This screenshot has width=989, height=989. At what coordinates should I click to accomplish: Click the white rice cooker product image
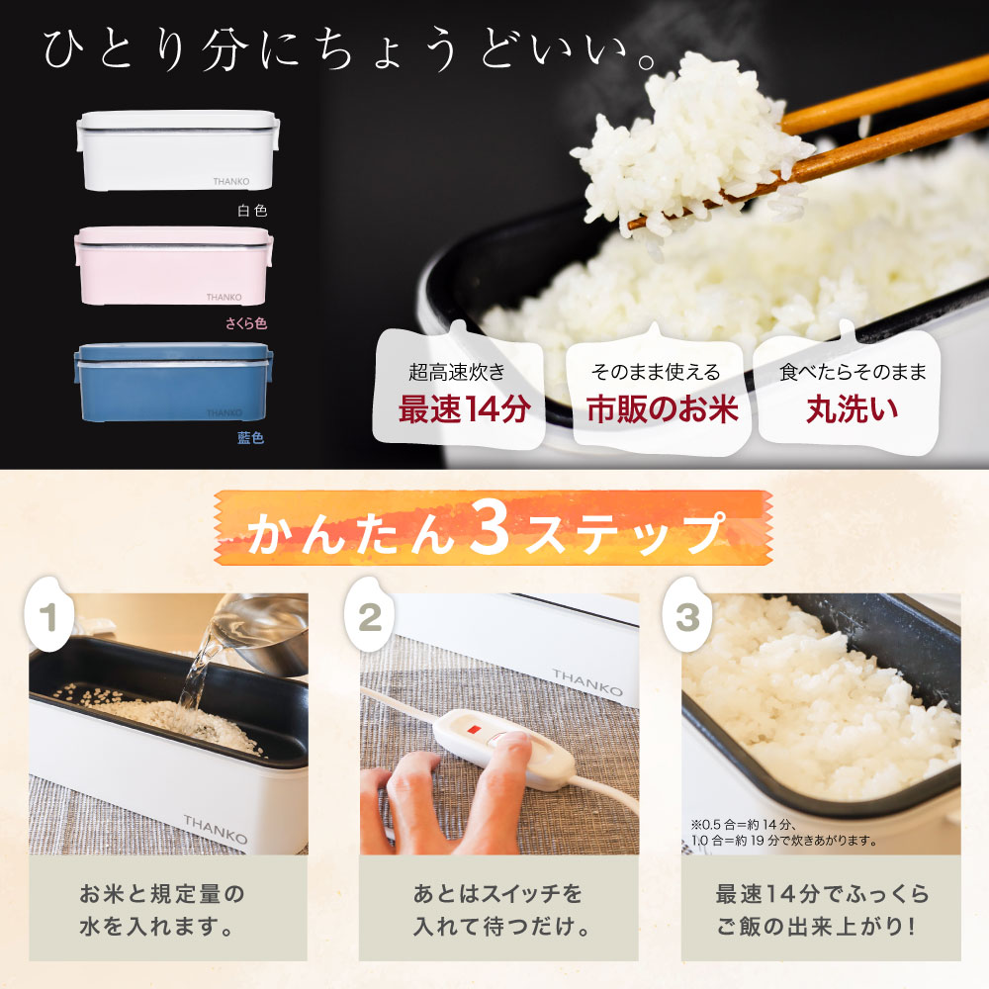click(178, 150)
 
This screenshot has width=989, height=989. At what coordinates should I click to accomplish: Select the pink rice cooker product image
click(174, 266)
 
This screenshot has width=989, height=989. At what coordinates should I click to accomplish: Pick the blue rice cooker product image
click(174, 382)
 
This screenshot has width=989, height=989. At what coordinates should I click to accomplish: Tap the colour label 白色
click(252, 211)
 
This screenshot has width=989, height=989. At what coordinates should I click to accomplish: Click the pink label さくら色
click(246, 323)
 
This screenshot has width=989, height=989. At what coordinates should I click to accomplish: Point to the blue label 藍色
click(250, 438)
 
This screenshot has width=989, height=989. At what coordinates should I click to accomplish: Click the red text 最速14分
click(464, 409)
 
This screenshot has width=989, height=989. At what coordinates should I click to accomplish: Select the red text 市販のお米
click(663, 409)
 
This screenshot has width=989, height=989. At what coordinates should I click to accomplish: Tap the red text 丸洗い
click(853, 409)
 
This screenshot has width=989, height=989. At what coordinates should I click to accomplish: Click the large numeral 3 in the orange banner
click(490, 528)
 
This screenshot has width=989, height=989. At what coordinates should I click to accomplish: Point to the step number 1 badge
click(49, 615)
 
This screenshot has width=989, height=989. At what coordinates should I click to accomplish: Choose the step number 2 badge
click(369, 615)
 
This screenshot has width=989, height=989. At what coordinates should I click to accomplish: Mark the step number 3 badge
click(687, 615)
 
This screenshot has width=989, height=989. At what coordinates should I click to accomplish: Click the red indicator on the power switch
click(474, 729)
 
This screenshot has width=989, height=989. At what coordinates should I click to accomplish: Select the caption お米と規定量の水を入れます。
click(161, 910)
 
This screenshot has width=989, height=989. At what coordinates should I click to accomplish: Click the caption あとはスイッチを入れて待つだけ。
click(498, 910)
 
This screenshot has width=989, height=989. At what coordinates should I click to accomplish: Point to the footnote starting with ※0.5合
click(784, 833)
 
